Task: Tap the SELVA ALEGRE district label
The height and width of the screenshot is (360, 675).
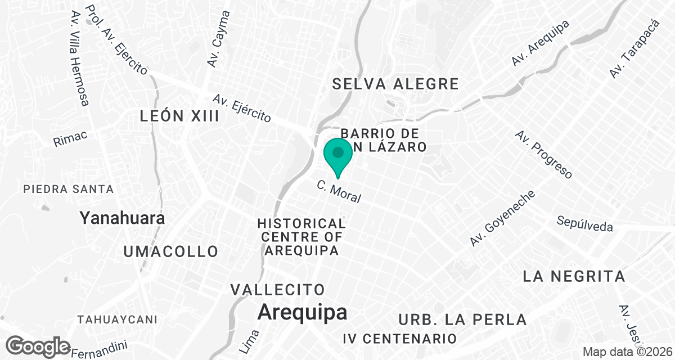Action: [x=395, y=84]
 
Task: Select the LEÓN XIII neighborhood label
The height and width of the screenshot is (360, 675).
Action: [x=179, y=116]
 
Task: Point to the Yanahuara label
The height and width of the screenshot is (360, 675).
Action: [x=122, y=218]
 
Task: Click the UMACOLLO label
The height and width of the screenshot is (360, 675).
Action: [x=170, y=251]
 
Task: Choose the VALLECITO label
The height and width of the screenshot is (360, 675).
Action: [x=278, y=290]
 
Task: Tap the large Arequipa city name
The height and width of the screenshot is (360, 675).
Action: [x=302, y=313]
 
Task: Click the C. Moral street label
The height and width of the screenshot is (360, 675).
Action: [x=339, y=192]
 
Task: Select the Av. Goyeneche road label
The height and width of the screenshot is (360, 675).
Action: [x=502, y=218]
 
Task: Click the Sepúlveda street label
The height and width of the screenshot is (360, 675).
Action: [x=584, y=223]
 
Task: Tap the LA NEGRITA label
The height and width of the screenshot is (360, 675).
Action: [x=574, y=276]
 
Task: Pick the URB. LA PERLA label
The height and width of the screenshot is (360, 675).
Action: [x=462, y=319]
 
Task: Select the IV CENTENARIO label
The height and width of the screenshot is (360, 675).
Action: [x=399, y=339]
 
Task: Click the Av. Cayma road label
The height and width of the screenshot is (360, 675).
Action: [x=218, y=39]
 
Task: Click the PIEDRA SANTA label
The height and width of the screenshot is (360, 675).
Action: [x=69, y=189]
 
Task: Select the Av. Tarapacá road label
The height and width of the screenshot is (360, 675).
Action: [x=634, y=49]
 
